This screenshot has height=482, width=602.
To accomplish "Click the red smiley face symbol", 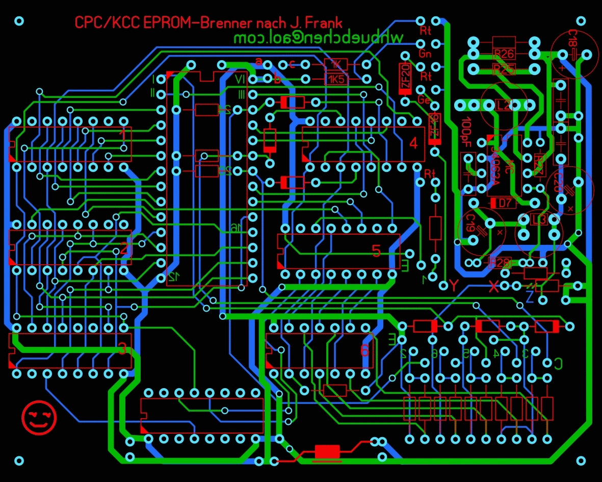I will [x=39, y=418].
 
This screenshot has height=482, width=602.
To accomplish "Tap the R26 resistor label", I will [x=504, y=53].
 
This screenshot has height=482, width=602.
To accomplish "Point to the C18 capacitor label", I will [x=573, y=40].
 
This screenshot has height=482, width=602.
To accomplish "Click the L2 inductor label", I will [x=504, y=105].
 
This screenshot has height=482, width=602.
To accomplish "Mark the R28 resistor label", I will [x=500, y=262].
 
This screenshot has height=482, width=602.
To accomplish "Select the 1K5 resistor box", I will [x=336, y=79].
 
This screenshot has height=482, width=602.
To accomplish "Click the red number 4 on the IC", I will [x=413, y=143].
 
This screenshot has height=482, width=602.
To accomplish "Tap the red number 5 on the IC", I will [x=376, y=250].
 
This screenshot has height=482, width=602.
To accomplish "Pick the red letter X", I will [x=493, y=287].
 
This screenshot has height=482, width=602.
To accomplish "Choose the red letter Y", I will [x=455, y=285].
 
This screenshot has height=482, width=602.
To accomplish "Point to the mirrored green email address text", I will [x=319, y=37].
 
